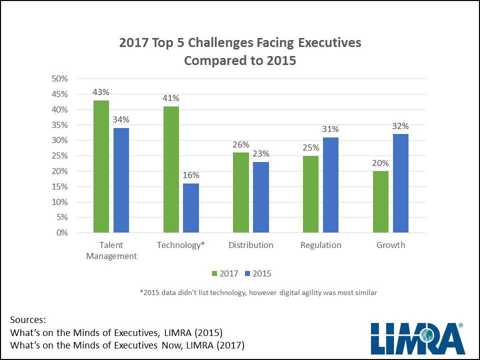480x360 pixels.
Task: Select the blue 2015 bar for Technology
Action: (x=190, y=208)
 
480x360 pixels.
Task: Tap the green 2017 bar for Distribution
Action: (x=241, y=192)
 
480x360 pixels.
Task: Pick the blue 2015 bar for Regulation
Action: (x=330, y=185)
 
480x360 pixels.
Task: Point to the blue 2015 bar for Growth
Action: (x=400, y=183)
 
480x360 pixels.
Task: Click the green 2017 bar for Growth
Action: (x=380, y=202)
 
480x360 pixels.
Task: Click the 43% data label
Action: (x=101, y=92)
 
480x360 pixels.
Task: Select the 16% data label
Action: (x=190, y=175)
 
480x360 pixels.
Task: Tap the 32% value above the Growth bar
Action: (x=400, y=126)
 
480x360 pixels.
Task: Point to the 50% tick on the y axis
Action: (x=59, y=78)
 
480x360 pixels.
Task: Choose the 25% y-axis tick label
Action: (x=59, y=156)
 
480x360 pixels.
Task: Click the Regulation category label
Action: (x=320, y=245)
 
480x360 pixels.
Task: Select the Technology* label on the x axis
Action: (x=181, y=245)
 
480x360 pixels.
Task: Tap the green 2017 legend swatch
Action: (x=215, y=273)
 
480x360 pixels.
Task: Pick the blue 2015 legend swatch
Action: (x=247, y=273)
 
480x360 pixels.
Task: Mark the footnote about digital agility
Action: (x=258, y=293)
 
